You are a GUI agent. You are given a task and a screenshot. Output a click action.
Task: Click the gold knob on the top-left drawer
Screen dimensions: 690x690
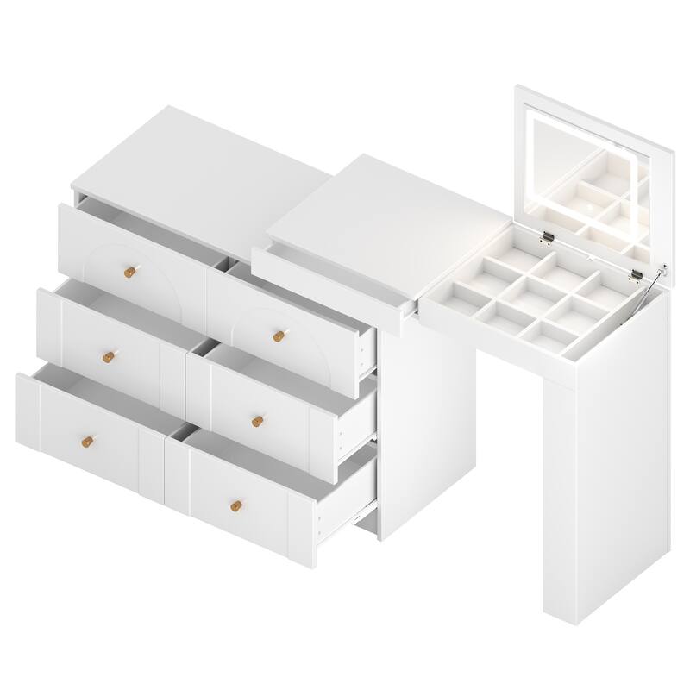(129, 272)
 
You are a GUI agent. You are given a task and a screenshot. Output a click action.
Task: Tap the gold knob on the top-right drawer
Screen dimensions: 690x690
(279, 336)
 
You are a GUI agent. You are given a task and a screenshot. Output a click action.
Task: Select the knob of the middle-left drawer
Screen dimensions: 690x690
(108, 355)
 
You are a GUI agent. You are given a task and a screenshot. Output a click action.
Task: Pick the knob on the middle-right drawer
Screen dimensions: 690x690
(257, 420)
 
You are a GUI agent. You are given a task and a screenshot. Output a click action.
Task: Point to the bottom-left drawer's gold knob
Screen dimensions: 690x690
(85, 442)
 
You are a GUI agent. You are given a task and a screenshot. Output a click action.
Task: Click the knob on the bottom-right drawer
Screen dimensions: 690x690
(235, 505)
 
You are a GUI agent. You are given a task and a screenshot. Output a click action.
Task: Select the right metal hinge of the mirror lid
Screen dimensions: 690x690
(637, 275)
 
